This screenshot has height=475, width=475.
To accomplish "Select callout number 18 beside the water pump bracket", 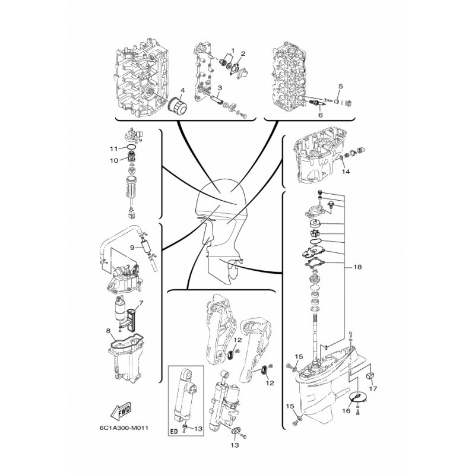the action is [x=357, y=267].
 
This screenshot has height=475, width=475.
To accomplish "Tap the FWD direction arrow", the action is [x=121, y=412].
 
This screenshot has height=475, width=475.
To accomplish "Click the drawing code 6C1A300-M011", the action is [x=124, y=428].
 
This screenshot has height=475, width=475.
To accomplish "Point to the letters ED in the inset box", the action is [x=174, y=432].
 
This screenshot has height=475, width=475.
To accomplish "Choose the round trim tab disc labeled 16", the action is [x=358, y=397].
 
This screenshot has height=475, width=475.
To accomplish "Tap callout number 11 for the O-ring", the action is [x=113, y=149].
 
